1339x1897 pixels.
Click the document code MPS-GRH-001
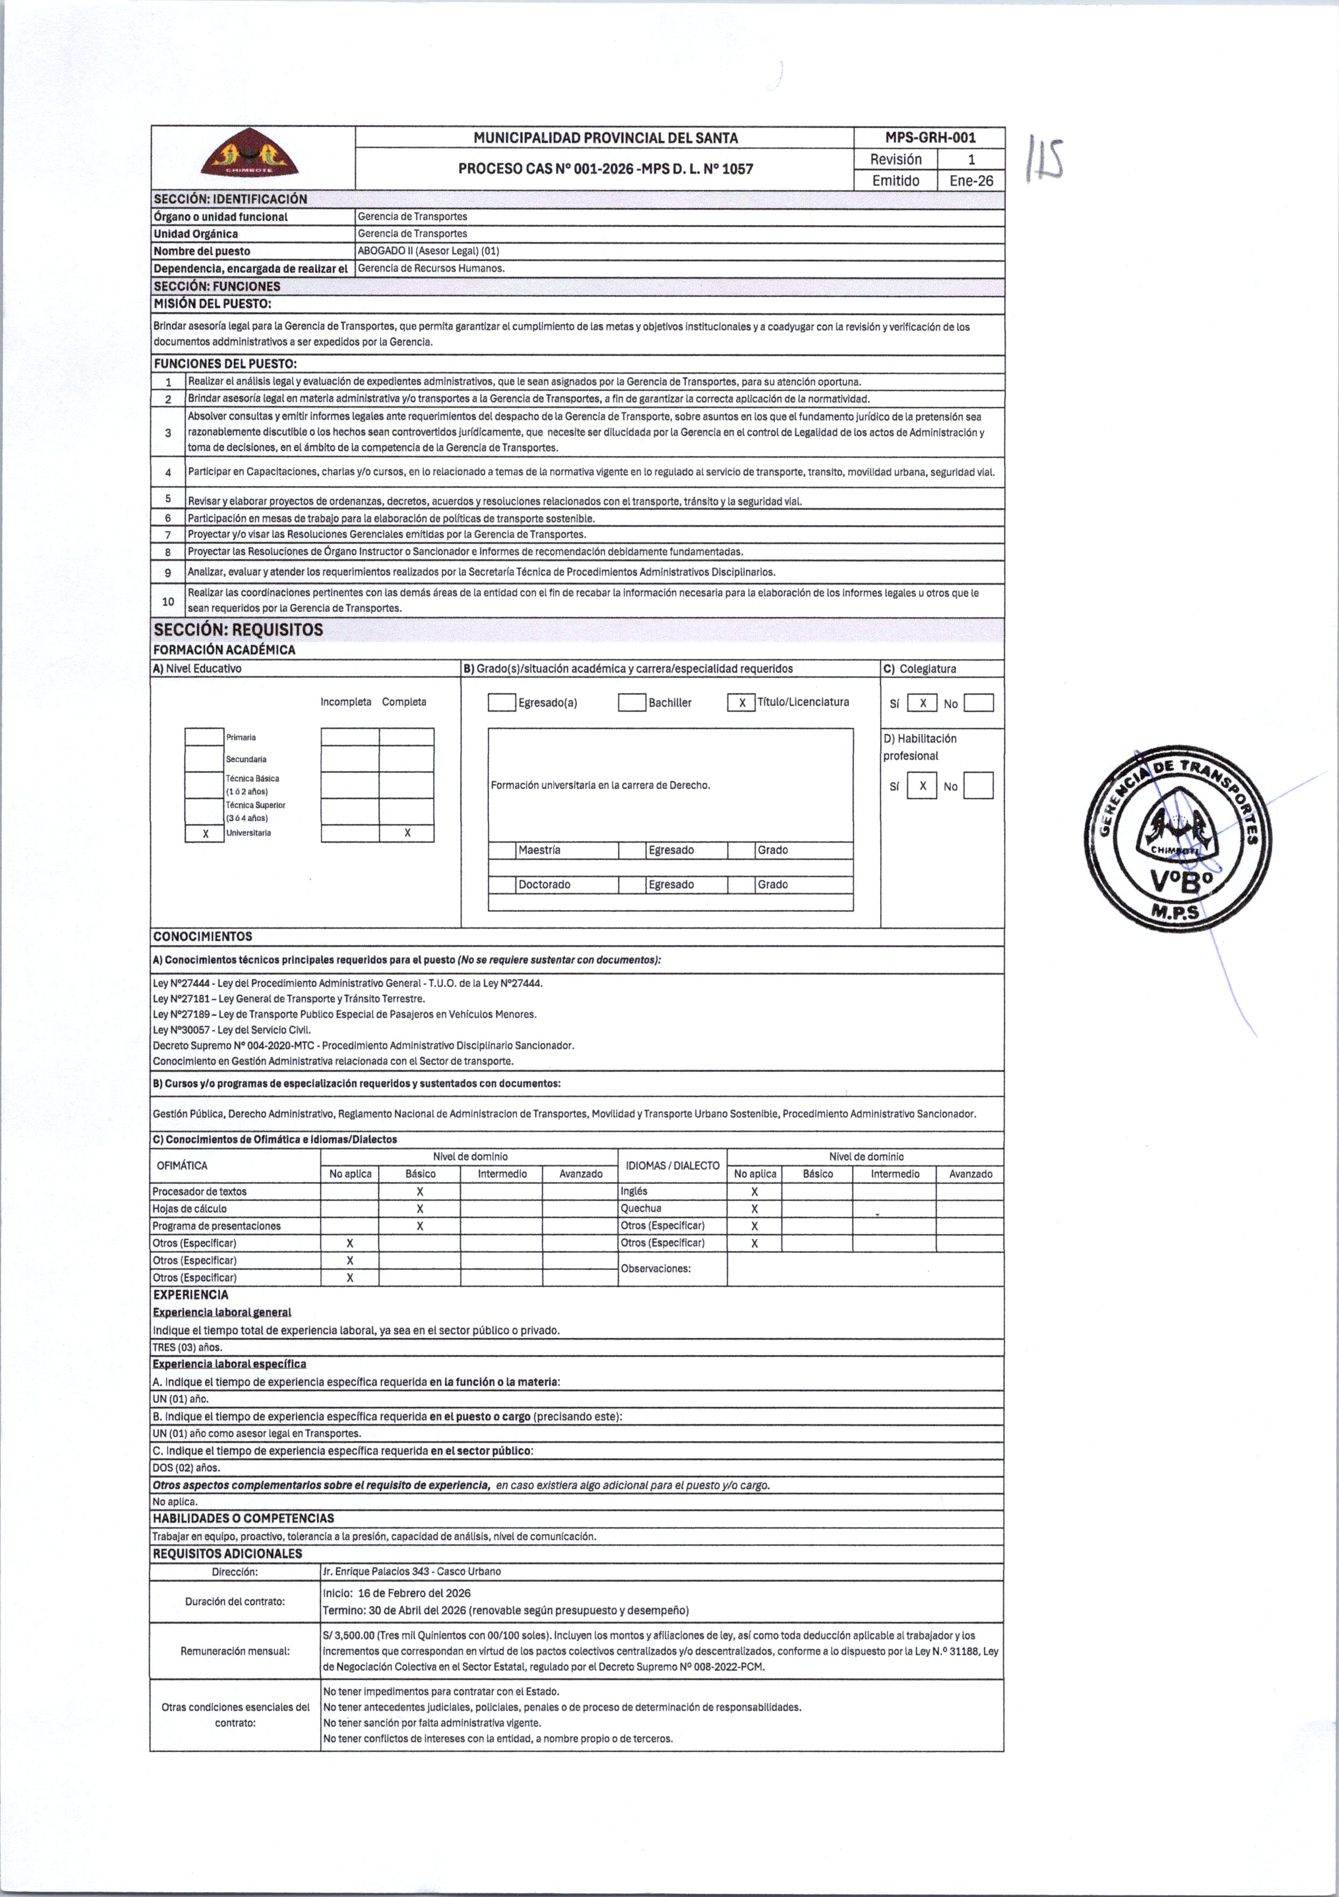tap(930, 138)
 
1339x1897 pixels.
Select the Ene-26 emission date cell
tap(971, 181)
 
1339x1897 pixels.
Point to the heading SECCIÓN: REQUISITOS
tap(239, 630)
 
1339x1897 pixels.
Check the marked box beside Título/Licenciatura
tap(742, 703)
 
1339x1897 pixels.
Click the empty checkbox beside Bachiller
tap(632, 703)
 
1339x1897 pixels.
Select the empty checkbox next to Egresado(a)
tap(501, 703)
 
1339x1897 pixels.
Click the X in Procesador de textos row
tap(420, 1191)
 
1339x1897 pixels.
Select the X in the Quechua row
tap(755, 1209)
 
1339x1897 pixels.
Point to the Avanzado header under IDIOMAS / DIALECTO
tap(971, 1174)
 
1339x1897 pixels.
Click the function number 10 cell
tap(168, 601)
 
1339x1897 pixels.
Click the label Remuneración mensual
tap(235, 1651)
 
